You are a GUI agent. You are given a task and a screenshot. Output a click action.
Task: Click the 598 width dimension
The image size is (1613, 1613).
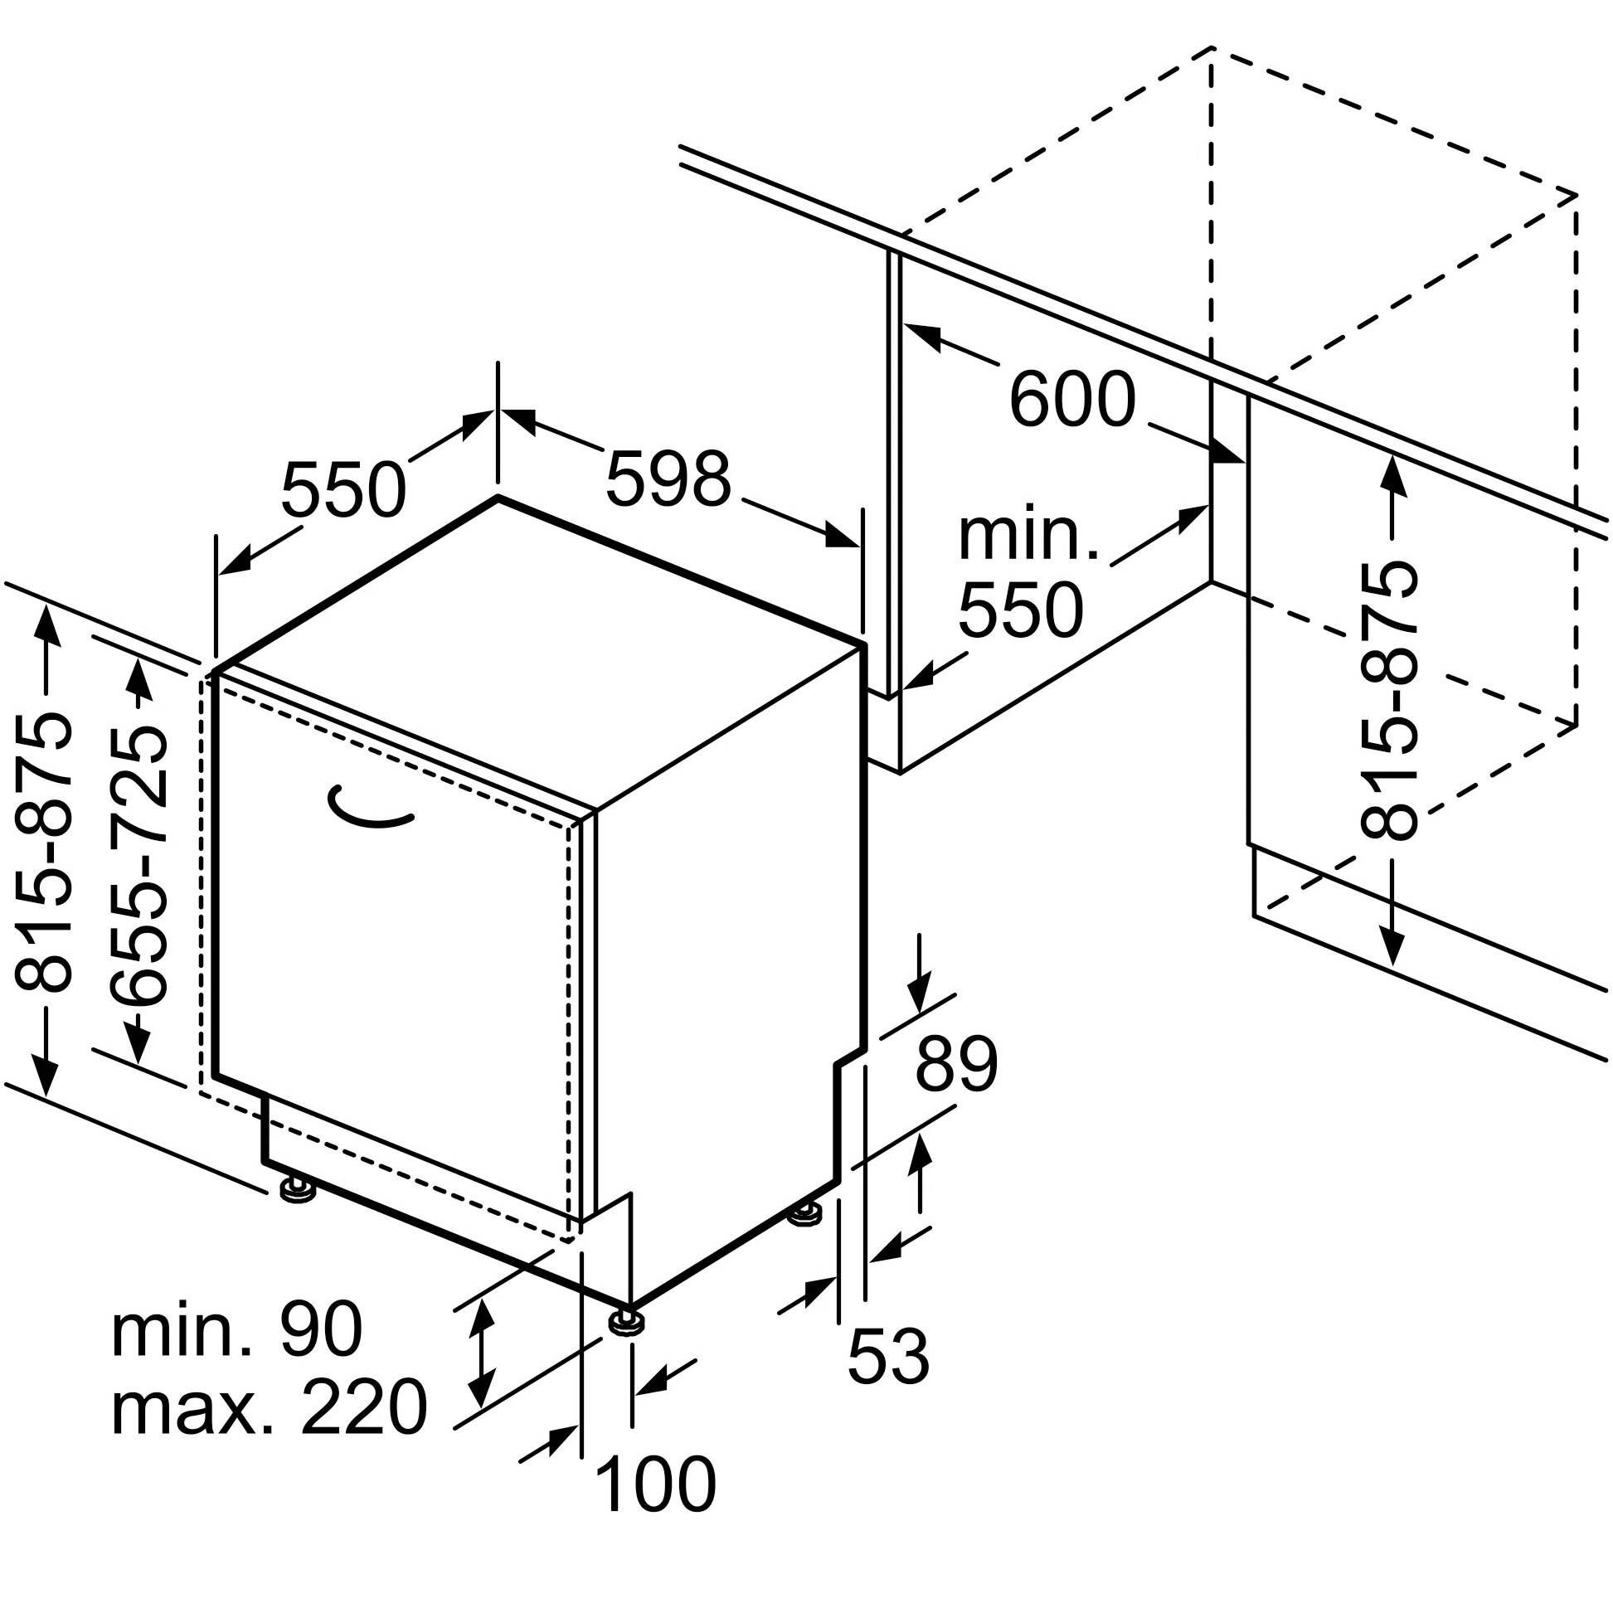coord(667,479)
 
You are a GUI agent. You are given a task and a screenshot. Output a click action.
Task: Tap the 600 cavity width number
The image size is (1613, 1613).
coord(1072,401)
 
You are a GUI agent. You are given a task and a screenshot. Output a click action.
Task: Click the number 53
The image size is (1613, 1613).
coord(887,1357)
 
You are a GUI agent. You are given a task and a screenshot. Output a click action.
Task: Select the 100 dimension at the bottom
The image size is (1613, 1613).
coord(655,1484)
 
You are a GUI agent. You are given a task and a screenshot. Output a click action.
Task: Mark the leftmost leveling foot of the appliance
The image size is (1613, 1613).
coord(297,1188)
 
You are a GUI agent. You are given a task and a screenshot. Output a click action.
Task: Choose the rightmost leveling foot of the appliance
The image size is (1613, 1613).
coord(804,1212)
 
